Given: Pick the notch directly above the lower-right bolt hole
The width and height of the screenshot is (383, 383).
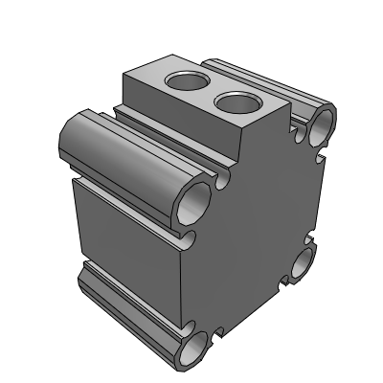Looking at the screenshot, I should pos(308,239).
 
